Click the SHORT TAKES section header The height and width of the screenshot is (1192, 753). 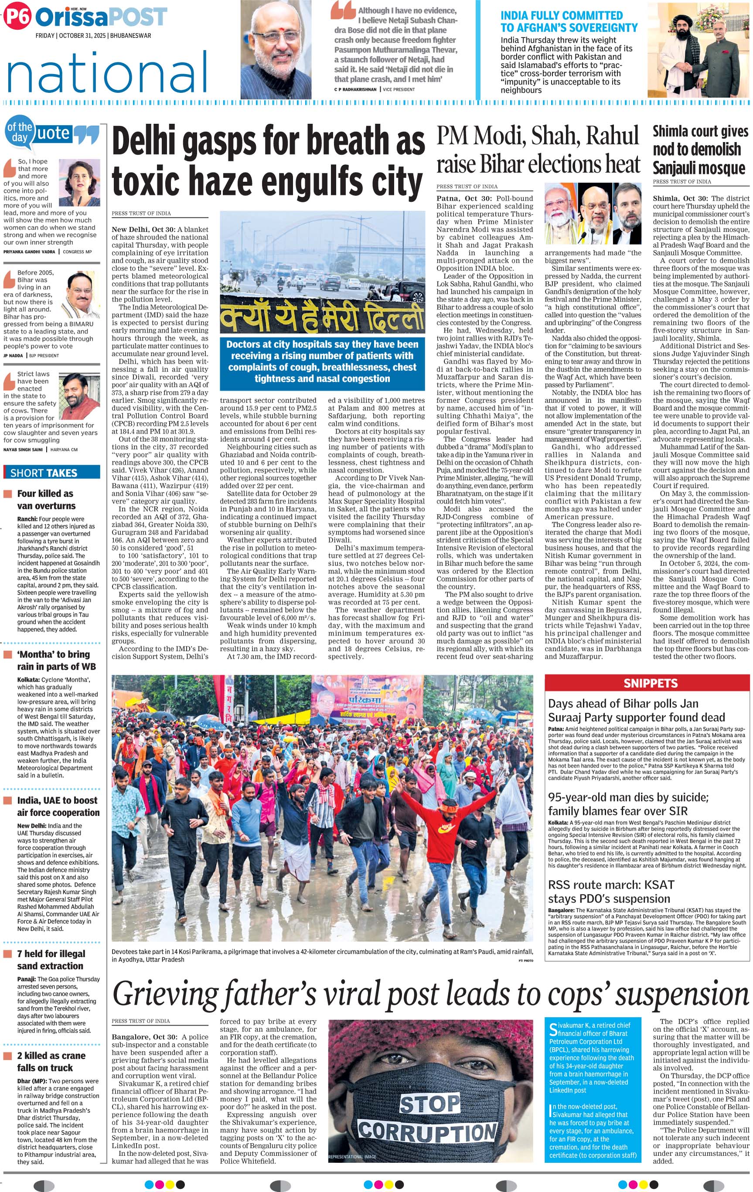point(44,472)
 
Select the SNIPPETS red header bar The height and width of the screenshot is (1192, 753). point(650,683)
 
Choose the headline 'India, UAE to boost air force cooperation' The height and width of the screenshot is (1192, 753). point(58,807)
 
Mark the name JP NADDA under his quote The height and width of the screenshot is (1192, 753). point(13,355)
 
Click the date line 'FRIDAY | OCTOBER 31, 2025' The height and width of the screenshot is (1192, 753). point(92,36)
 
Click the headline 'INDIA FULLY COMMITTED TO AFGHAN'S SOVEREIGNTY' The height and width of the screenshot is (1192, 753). point(569,22)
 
